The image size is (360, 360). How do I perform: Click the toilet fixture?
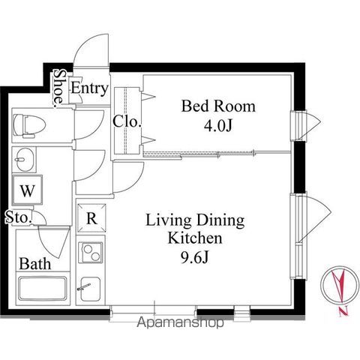click(x=29, y=125)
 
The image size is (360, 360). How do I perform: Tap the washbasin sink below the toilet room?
click(x=25, y=160)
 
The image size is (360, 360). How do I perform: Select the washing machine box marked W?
click(x=28, y=190)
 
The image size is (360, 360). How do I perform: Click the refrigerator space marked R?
click(x=91, y=218)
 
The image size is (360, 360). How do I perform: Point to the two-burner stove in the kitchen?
click(x=91, y=252)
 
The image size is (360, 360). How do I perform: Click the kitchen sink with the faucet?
click(x=91, y=289)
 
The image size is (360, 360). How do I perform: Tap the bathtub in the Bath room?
click(x=43, y=288)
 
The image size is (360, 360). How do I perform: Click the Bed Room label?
click(x=218, y=106)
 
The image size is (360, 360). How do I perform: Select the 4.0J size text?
click(x=218, y=126)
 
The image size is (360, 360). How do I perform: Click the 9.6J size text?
click(x=194, y=258)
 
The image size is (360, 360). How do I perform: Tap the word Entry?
click(x=89, y=88)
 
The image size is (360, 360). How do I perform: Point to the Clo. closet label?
click(x=127, y=121)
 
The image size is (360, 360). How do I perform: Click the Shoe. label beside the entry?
click(x=58, y=87)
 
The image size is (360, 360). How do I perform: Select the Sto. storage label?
click(x=19, y=217)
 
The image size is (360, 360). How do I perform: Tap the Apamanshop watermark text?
click(x=180, y=322)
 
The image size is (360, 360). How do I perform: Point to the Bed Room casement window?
click(x=306, y=126)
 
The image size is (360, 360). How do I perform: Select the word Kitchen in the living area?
click(x=195, y=238)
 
